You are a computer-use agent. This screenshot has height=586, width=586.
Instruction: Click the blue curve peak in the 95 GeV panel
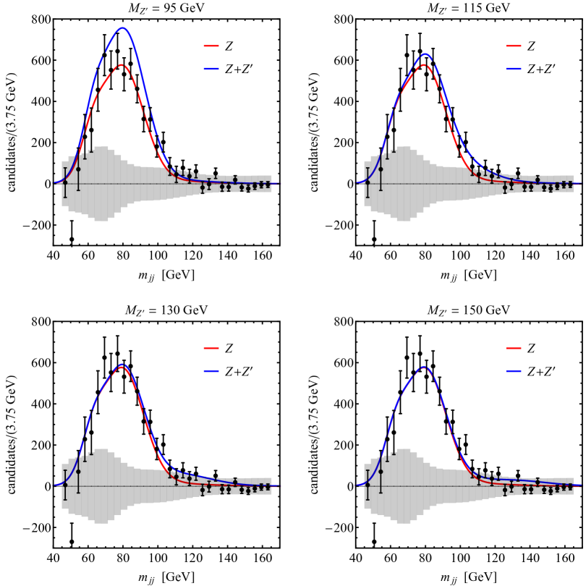123,28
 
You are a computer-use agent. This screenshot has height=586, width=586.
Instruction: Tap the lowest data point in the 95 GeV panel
72,239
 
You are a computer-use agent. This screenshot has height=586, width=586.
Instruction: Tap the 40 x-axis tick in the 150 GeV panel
356,559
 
